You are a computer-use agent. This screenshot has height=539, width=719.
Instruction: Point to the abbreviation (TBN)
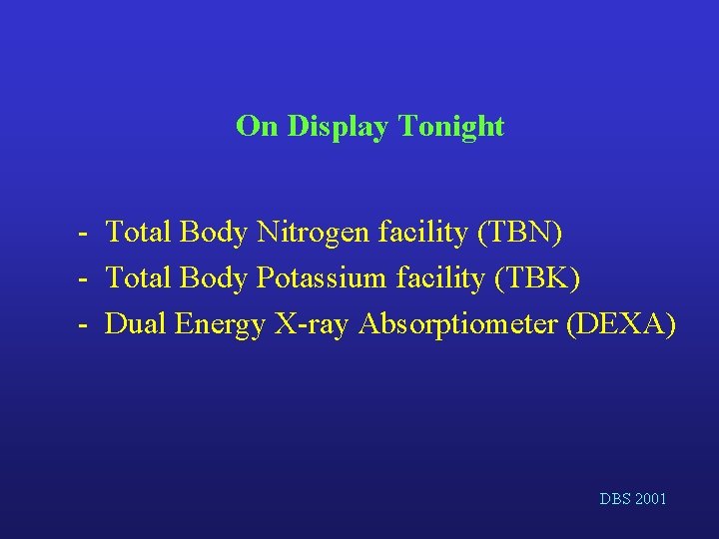coord(520,233)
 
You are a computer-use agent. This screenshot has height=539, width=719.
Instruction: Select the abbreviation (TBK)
coord(537,278)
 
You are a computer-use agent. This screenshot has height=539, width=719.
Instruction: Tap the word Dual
coord(136,324)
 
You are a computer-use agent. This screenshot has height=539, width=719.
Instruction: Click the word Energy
coord(216,324)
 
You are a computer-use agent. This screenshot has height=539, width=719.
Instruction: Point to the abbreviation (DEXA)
coord(620,324)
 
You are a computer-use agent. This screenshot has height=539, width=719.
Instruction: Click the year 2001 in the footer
coord(648,498)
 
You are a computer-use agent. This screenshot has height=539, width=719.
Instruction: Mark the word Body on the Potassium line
coord(214,278)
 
